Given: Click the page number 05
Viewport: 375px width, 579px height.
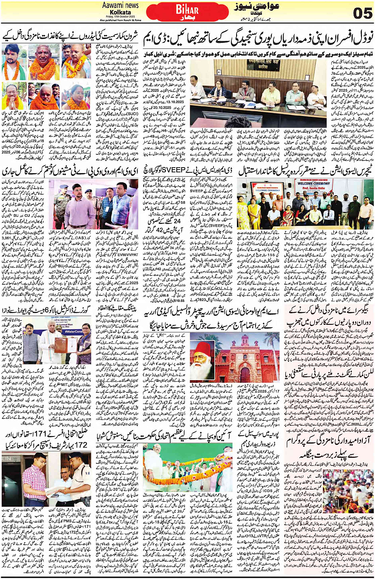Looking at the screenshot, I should pos(362,14).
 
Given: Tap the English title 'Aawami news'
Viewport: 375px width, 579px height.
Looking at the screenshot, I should pos(120,5).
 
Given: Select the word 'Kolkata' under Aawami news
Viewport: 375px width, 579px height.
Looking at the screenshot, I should pos(120,12).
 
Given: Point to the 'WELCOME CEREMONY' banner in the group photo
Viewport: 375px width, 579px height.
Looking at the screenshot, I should pos(313,183).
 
